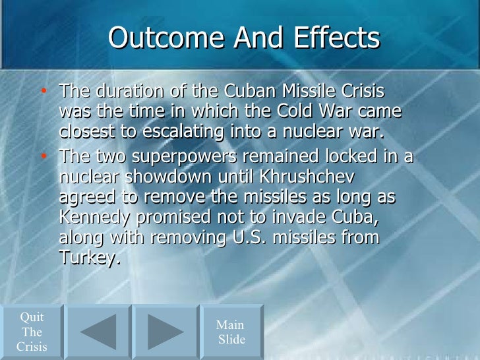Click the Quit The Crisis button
[32, 332]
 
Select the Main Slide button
[231, 332]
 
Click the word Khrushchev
[312, 177]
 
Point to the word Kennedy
[94, 217]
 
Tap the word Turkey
[89, 257]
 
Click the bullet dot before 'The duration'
[44, 90]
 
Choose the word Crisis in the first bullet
[360, 90]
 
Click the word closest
[86, 131]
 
